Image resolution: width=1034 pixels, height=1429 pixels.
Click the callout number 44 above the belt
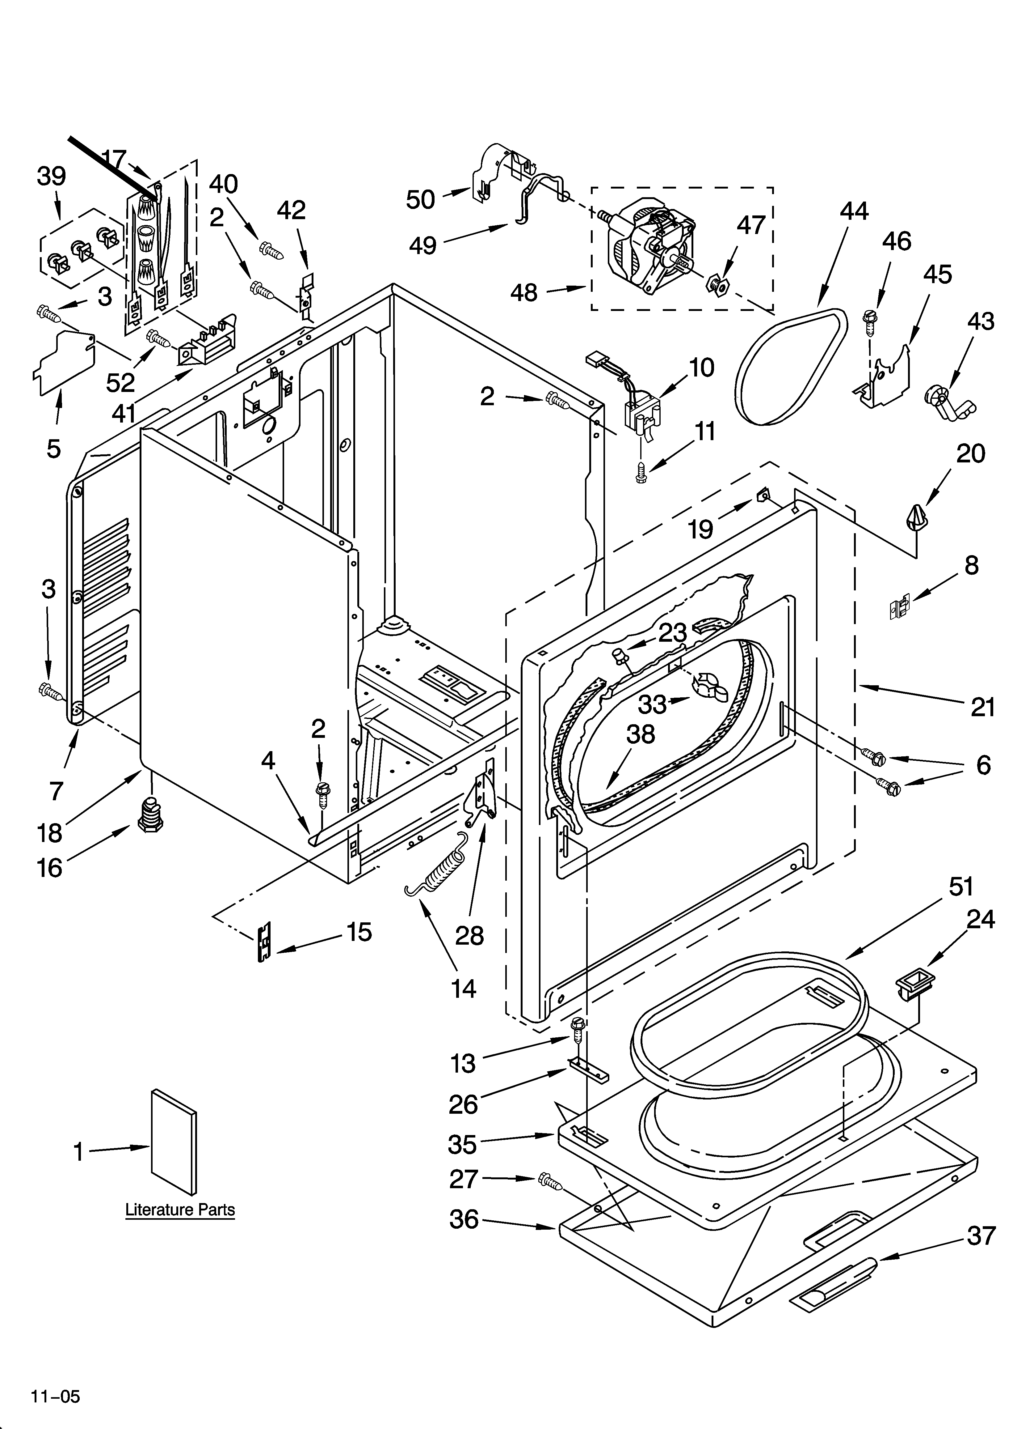point(854,211)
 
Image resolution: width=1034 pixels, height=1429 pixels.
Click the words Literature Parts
point(180,1210)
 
